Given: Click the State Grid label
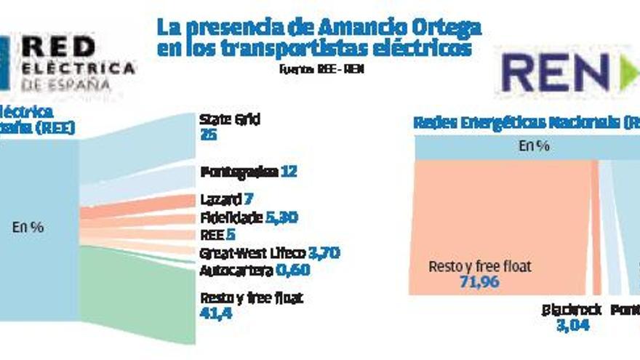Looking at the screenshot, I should tap(229, 119).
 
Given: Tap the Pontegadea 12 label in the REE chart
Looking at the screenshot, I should tap(248, 172).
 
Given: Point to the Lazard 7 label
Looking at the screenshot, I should tap(225, 199).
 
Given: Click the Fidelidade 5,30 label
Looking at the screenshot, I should tap(248, 217).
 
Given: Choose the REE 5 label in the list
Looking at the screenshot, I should tap(217, 235).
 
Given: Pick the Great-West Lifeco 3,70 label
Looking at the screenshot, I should tap(269, 253).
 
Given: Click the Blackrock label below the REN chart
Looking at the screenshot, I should tap(572, 310).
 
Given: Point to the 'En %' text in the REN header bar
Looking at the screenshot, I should tap(533, 146).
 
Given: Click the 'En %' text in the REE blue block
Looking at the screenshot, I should tap(28, 227).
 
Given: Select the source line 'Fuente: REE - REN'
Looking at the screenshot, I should tap(320, 70).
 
